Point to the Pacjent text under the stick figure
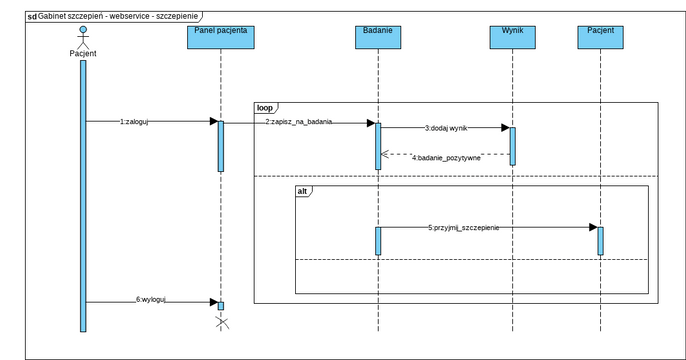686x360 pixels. point(83,53)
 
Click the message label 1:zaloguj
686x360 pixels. point(134,121)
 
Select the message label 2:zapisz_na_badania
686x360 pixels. point(299,121)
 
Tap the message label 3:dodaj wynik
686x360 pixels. point(446,128)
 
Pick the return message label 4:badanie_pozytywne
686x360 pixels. point(447,157)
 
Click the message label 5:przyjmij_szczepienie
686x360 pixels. point(464,227)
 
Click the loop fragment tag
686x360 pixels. point(265,106)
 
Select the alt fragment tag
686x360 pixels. point(304,190)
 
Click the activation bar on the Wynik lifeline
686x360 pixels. point(512,146)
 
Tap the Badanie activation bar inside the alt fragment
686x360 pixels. point(378,241)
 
